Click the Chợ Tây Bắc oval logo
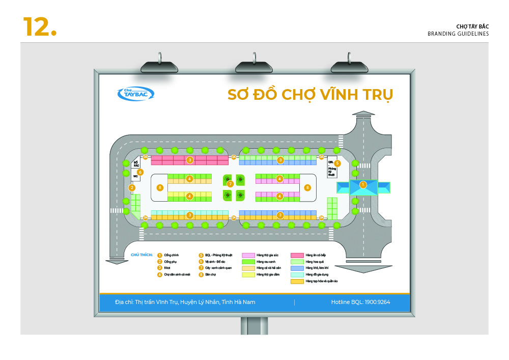click(x=135, y=94)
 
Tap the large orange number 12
click(x=39, y=26)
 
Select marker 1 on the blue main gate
click(x=363, y=185)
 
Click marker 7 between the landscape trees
click(x=230, y=184)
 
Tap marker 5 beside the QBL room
click(x=337, y=163)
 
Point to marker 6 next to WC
click(x=140, y=172)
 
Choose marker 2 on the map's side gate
click(x=132, y=188)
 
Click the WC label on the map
click(x=135, y=176)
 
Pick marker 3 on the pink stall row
click(x=189, y=160)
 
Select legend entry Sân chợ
click(x=211, y=274)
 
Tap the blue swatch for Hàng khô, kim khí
click(x=297, y=268)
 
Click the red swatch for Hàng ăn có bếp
click(x=297, y=255)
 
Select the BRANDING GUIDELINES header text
click(x=458, y=34)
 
